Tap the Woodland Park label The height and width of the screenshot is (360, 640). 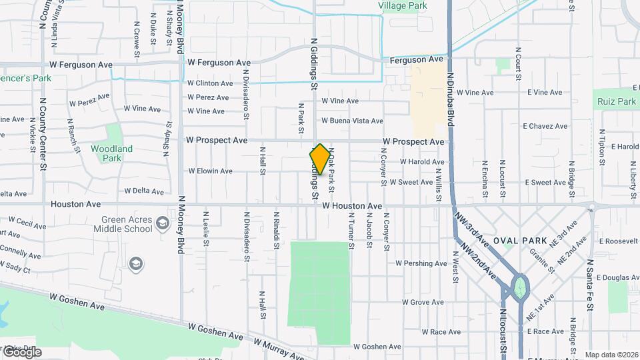[111, 153]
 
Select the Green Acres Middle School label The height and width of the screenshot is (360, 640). [127, 224]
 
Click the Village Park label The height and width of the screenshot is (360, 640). [402, 5]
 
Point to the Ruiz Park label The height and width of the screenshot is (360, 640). [617, 102]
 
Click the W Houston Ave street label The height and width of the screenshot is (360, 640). [352, 206]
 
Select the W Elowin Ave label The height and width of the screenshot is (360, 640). [210, 171]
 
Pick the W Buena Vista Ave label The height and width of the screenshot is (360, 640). [352, 121]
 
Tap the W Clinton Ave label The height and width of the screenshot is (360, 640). [210, 83]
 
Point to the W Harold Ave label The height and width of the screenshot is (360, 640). [421, 162]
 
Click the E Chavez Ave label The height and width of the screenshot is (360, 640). [545, 126]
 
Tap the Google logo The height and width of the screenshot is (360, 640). [21, 352]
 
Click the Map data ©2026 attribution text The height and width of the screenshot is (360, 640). [611, 355]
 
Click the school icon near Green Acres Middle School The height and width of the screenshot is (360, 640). [136, 265]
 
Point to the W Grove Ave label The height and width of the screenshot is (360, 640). [423, 303]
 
